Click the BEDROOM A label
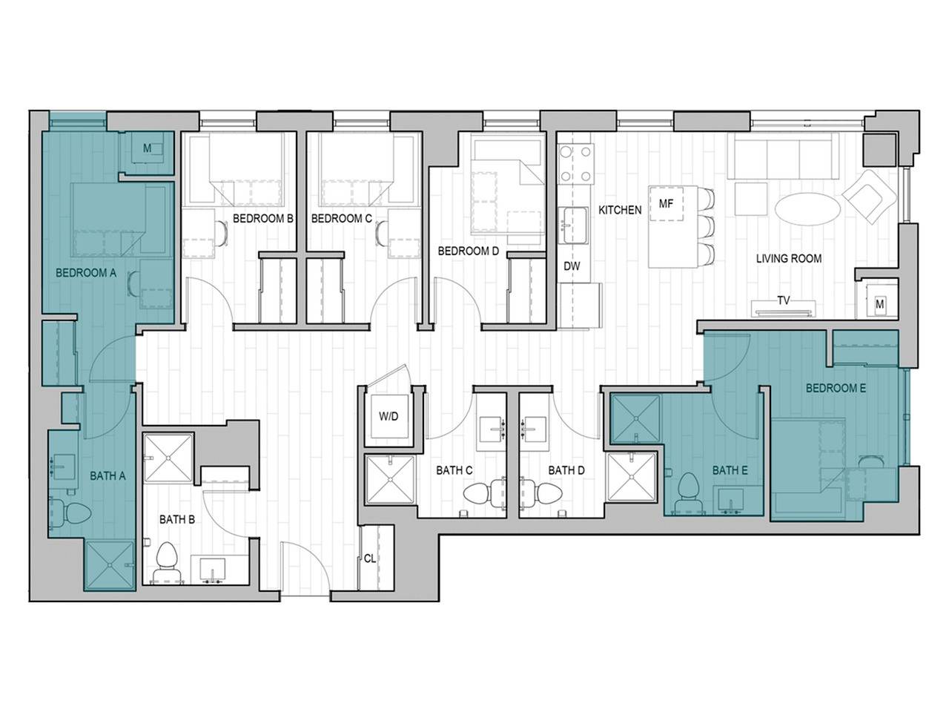pyautogui.click(x=86, y=273)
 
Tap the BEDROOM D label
pyautogui.click(x=468, y=251)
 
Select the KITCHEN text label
pyautogui.click(x=620, y=210)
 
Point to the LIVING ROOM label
pyautogui.click(x=788, y=259)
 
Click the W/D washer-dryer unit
pyautogui.click(x=388, y=417)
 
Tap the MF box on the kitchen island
pyautogui.click(x=666, y=204)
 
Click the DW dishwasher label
pyautogui.click(x=572, y=266)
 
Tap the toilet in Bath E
pyautogui.click(x=690, y=490)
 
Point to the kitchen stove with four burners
pyautogui.click(x=578, y=164)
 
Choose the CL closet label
pyautogui.click(x=369, y=558)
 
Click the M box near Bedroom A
pyautogui.click(x=147, y=149)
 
